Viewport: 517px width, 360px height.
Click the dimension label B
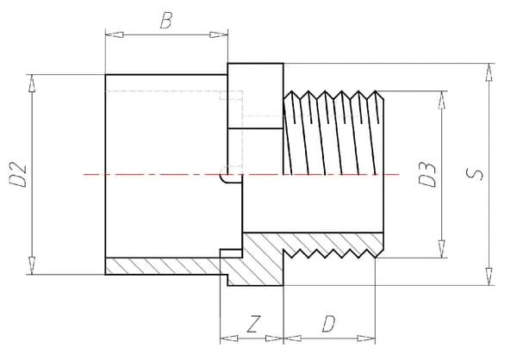[165, 20]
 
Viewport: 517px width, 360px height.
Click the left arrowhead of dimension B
[110, 34]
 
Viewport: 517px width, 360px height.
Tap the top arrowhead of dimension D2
[34, 80]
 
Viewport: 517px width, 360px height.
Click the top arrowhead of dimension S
[489, 69]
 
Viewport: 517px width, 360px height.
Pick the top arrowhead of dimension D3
[442, 96]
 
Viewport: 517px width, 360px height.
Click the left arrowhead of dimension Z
[226, 337]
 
